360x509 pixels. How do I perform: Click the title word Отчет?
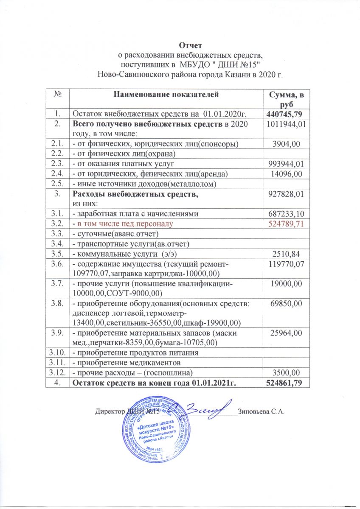tap(190, 45)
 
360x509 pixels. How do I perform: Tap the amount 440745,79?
tap(286, 114)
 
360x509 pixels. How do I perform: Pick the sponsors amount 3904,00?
tap(286, 145)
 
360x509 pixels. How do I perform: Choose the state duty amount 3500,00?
tap(286, 373)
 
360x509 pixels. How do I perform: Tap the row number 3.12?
tap(57, 373)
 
